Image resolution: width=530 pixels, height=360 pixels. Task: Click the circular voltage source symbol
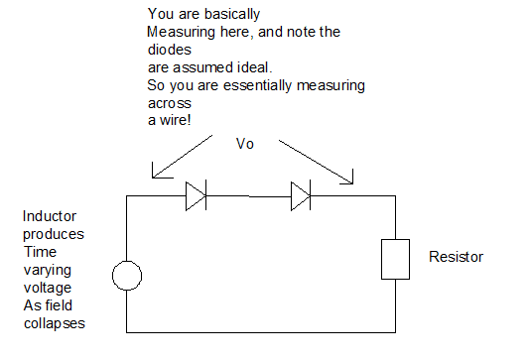pyautogui.click(x=127, y=261)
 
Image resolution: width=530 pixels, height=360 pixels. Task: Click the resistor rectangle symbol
pyautogui.click(x=381, y=260)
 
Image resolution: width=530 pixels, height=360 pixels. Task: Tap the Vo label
pyautogui.click(x=245, y=144)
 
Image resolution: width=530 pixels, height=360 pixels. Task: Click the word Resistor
pyautogui.click(x=456, y=257)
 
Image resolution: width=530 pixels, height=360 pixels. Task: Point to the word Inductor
pyautogui.click(x=50, y=216)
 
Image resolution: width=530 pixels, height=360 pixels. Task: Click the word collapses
pyautogui.click(x=55, y=323)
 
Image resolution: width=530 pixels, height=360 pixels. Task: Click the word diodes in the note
pyautogui.click(x=170, y=50)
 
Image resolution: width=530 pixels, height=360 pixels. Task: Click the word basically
pyautogui.click(x=232, y=14)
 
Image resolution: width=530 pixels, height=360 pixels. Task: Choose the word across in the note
pyautogui.click(x=170, y=103)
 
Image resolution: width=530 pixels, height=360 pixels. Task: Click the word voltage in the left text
pyautogui.click(x=48, y=288)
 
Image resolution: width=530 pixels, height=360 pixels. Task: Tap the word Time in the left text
pyautogui.click(x=40, y=252)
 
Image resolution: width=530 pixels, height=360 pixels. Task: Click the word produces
pyautogui.click(x=54, y=234)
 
